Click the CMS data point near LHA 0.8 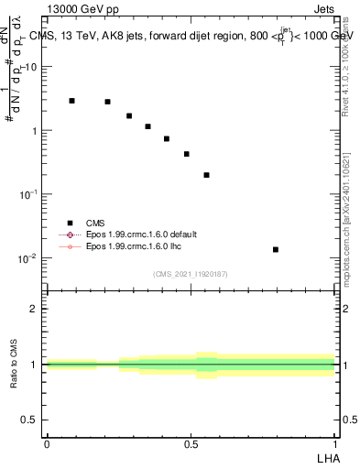click(x=275, y=249)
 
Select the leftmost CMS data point click(x=71, y=101)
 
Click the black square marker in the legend click(x=70, y=222)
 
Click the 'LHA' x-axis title click(x=325, y=458)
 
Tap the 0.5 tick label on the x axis click(x=191, y=443)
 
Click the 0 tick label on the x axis click(x=47, y=443)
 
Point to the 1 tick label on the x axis click(x=335, y=443)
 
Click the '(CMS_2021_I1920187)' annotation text click(x=191, y=273)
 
